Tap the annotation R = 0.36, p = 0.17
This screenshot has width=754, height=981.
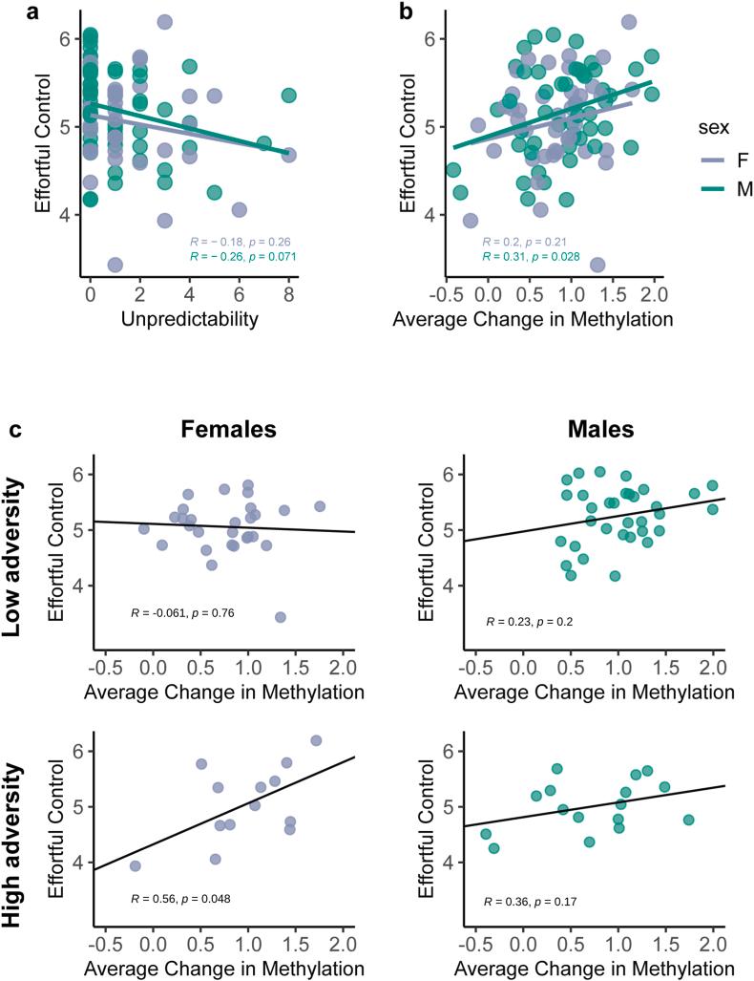[544, 901]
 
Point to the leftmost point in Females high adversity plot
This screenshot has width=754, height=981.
[135, 866]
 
